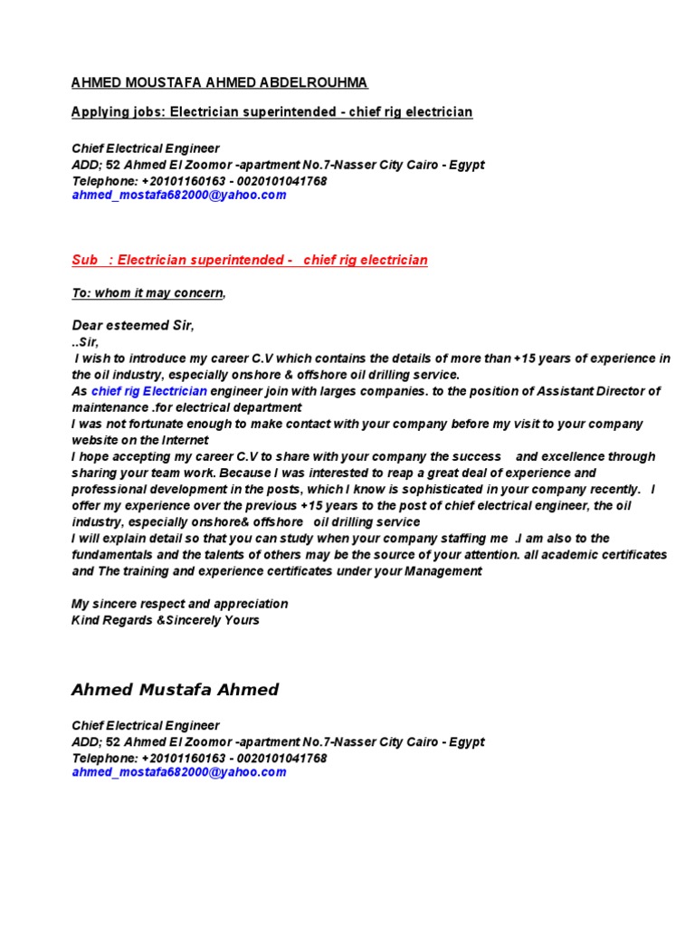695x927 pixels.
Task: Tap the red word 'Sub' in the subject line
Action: [84, 261]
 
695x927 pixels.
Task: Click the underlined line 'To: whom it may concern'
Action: [148, 293]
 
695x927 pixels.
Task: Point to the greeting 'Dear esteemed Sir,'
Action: [133, 325]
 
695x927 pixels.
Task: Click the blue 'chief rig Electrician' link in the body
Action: [149, 391]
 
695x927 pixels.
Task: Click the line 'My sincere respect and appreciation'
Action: [179, 604]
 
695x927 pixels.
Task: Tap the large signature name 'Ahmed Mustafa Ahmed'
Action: [175, 690]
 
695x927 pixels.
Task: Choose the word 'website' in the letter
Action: [96, 440]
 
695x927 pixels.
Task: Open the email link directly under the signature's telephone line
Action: [179, 773]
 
